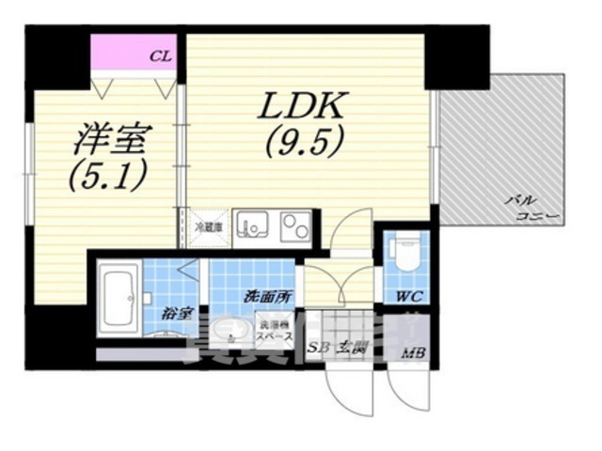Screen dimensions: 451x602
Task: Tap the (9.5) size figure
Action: [303, 143]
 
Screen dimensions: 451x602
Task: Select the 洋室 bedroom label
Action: [110, 141]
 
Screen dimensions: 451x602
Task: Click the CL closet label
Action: [161, 56]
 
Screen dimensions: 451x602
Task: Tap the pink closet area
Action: [136, 54]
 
